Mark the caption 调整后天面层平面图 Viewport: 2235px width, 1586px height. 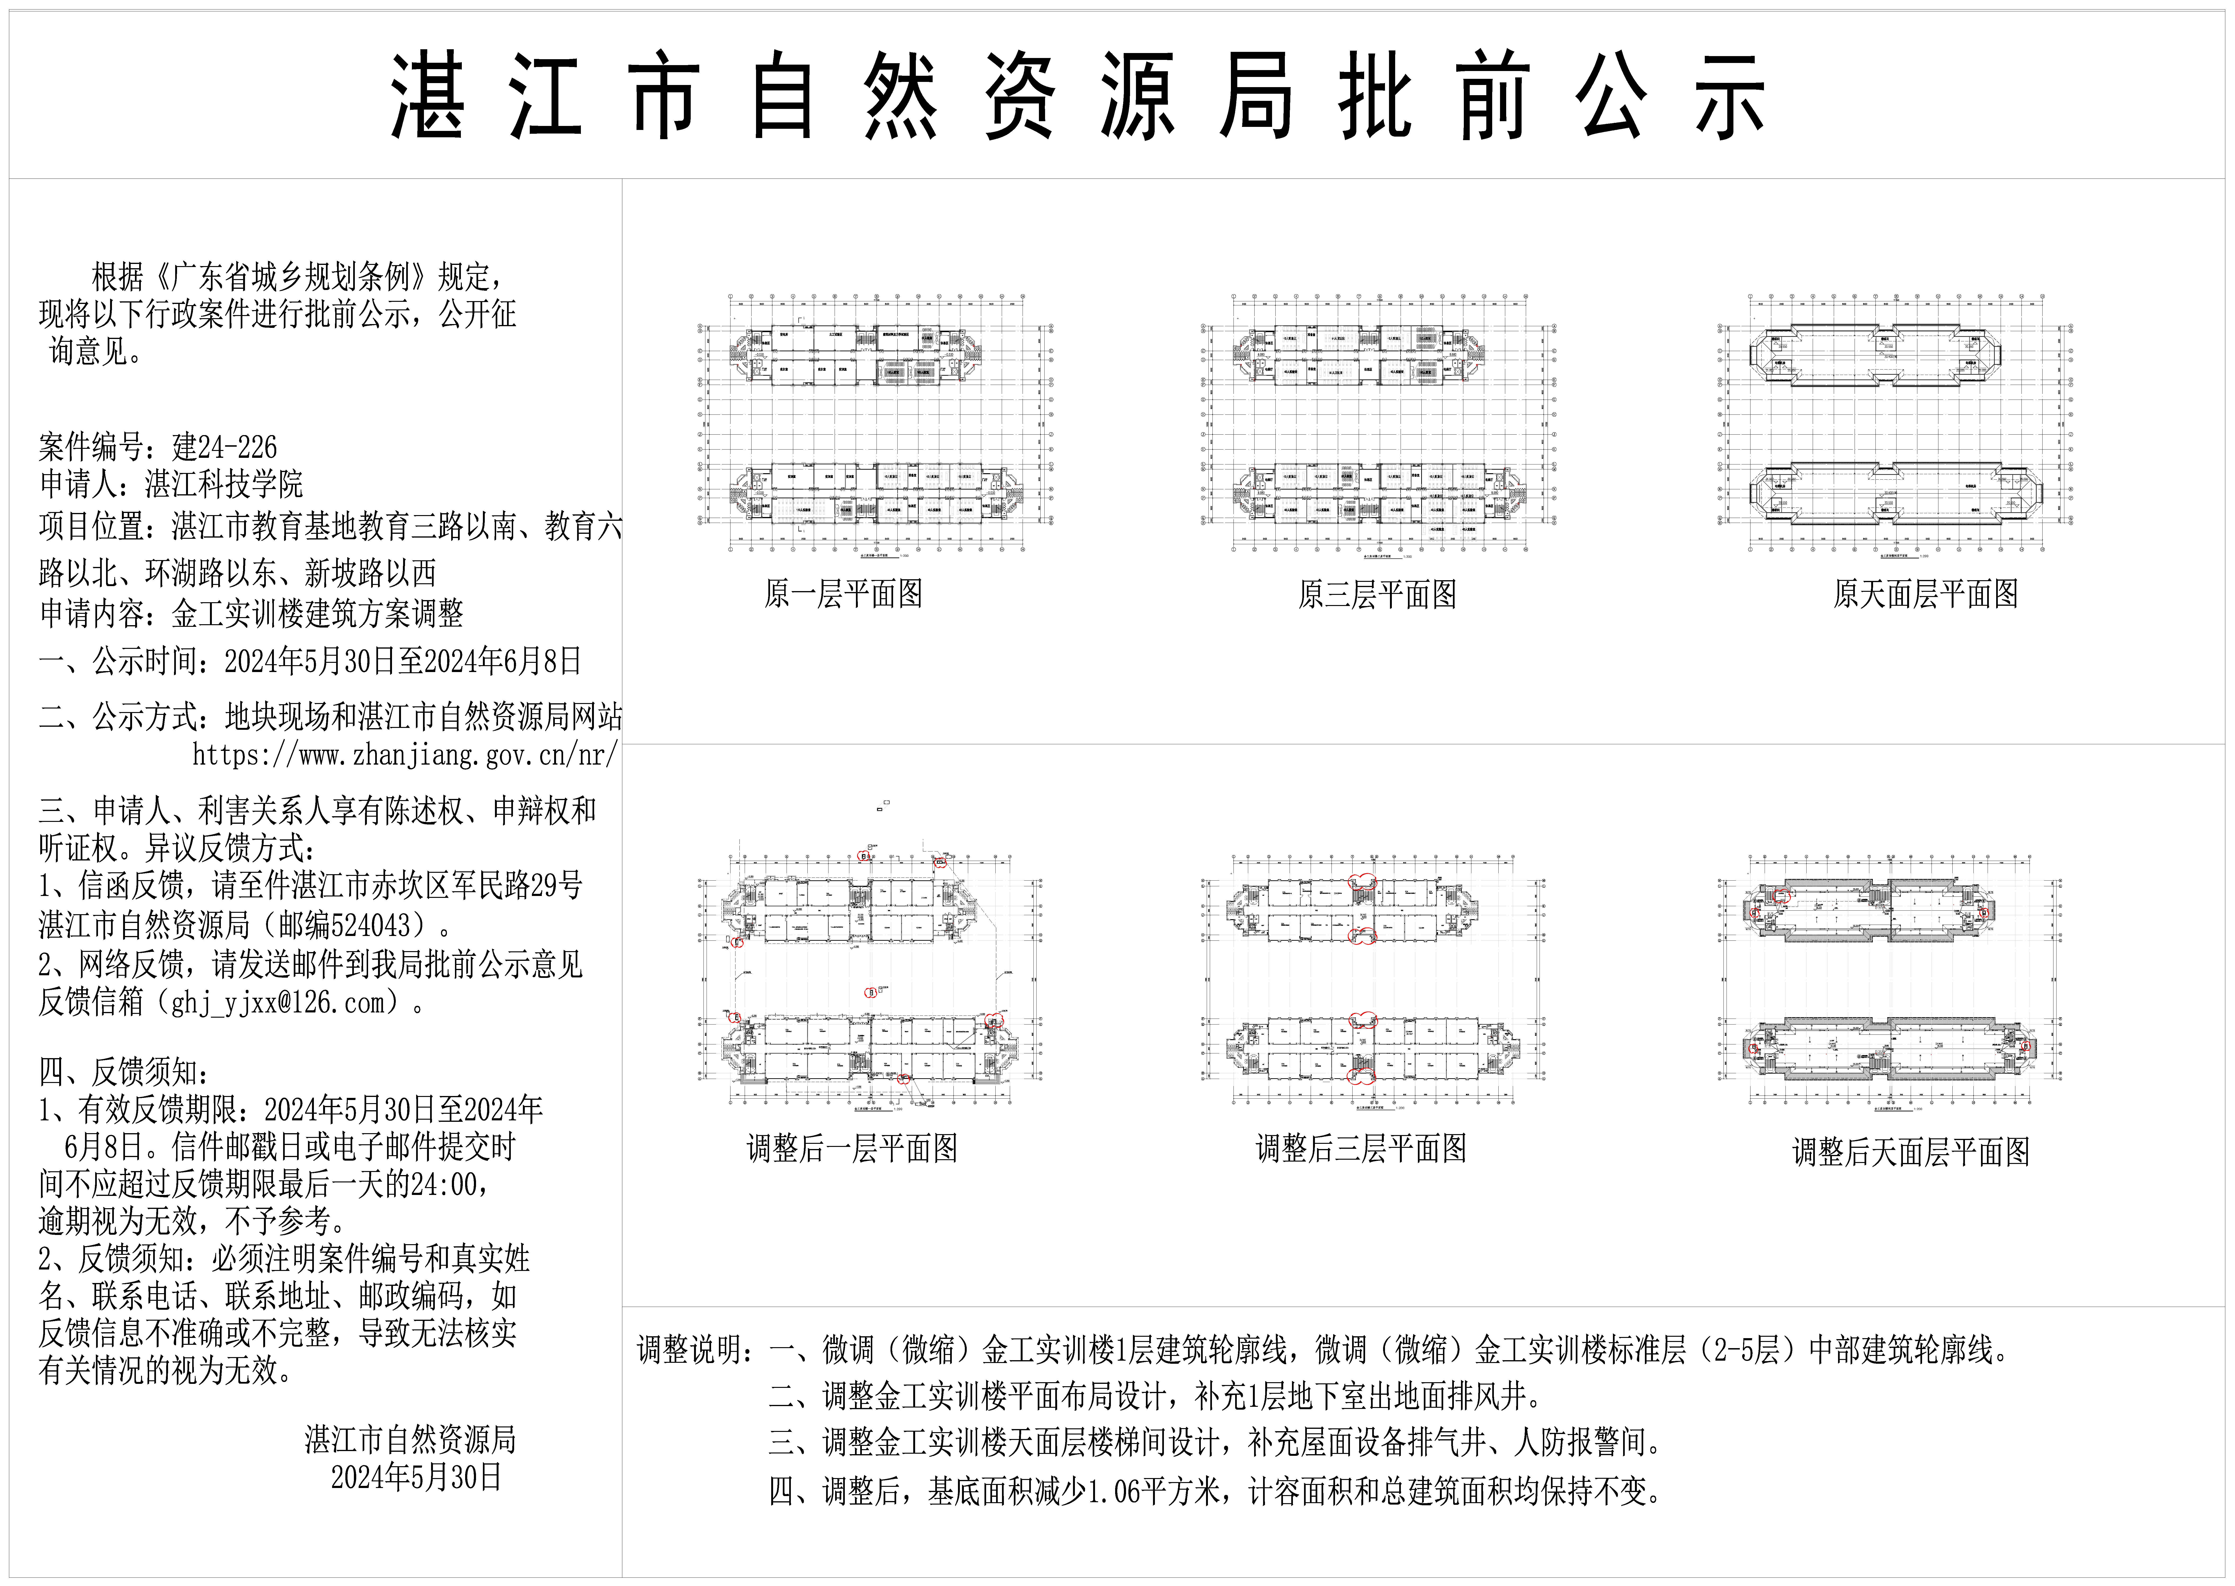coord(1911,1152)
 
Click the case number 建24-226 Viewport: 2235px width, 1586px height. coord(225,447)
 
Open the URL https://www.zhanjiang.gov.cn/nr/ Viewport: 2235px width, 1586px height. coord(404,755)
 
